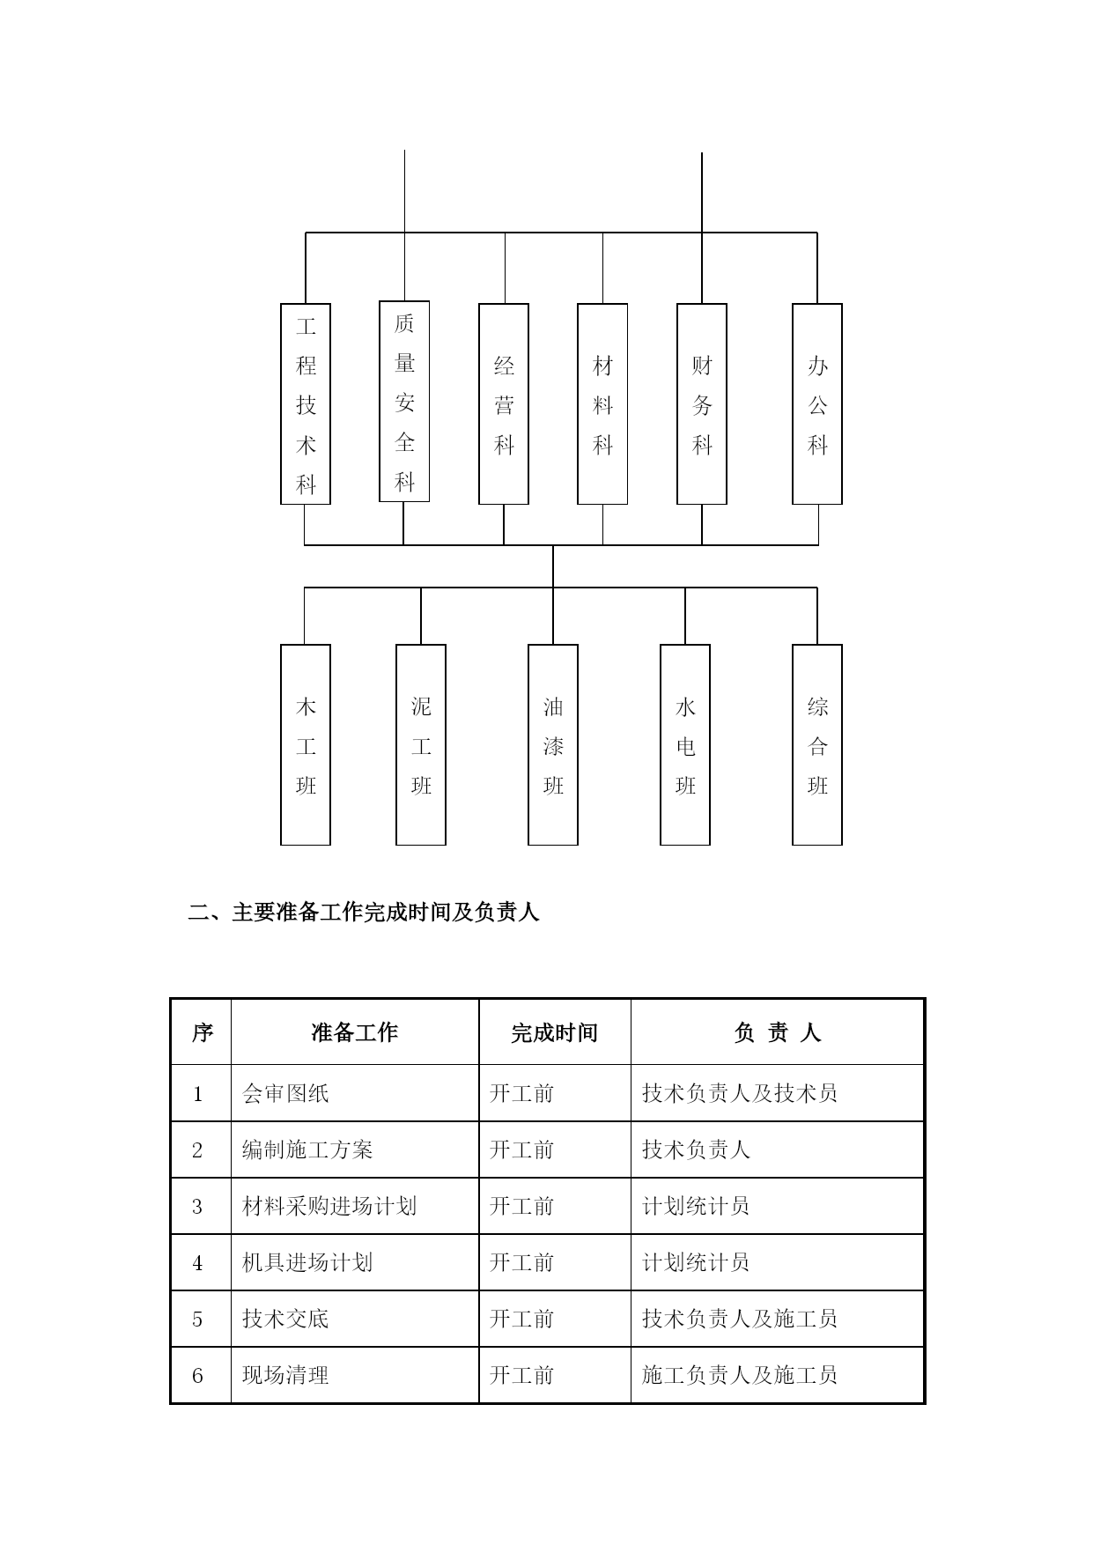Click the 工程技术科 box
coord(306,404)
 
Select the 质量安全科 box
coord(404,402)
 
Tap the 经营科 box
coord(504,404)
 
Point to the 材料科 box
coord(602,404)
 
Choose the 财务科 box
coord(702,404)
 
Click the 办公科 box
coord(817,404)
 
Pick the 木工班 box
coord(306,745)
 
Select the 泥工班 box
coord(421,745)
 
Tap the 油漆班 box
coord(553,745)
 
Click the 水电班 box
coord(685,745)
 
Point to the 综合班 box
coord(817,745)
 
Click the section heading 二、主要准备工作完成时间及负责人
coord(364,912)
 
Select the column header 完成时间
coord(555,1032)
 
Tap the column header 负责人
coord(778,1032)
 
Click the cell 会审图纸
coord(285,1093)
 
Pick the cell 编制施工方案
coord(307,1150)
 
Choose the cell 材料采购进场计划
coord(329,1206)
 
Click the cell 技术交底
coord(285,1319)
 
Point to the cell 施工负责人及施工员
coord(740,1375)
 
